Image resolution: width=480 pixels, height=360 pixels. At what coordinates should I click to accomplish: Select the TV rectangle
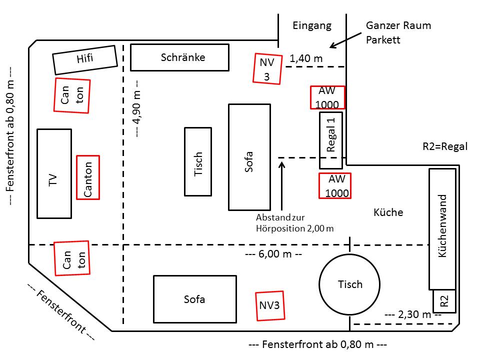(54, 173)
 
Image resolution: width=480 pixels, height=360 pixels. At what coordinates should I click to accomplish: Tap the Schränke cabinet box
(179, 57)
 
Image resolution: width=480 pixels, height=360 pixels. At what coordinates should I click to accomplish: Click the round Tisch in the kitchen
(349, 284)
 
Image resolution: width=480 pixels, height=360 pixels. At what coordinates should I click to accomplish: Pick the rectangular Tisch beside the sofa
(198, 161)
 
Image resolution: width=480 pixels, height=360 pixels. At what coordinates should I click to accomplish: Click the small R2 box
(444, 301)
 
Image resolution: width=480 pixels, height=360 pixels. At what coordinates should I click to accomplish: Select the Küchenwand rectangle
(442, 229)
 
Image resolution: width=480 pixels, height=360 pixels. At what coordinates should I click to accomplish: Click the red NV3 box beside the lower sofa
(270, 305)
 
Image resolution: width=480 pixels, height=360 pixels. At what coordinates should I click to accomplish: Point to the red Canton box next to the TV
(87, 177)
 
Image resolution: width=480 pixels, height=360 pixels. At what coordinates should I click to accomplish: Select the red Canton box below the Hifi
(72, 95)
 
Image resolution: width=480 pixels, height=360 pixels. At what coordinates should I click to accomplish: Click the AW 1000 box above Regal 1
(328, 97)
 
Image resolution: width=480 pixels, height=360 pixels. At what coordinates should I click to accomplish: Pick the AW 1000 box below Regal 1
(334, 186)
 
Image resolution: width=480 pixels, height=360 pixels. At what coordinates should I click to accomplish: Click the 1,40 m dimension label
(306, 58)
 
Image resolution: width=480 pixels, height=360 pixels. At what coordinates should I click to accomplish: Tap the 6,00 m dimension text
(273, 254)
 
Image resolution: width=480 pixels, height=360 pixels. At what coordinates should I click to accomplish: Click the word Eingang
(312, 25)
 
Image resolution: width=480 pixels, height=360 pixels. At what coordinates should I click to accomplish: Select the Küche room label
(388, 212)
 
